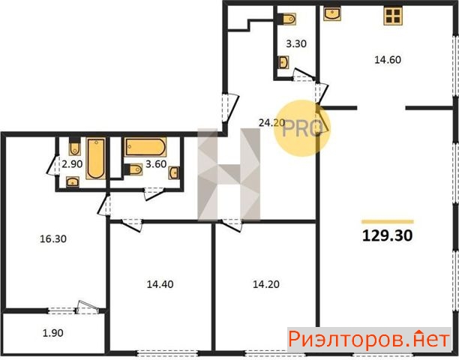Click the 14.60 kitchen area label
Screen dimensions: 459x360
[x=388, y=60]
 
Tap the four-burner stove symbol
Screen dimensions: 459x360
[x=393, y=16]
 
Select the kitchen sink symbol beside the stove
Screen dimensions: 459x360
[x=332, y=13]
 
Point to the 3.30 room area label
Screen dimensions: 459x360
[x=296, y=44]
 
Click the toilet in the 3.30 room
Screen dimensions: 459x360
[x=286, y=19]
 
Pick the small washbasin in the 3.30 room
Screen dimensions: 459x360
[x=283, y=62]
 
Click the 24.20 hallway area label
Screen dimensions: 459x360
[x=271, y=123]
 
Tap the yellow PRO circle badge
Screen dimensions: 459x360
[x=302, y=128]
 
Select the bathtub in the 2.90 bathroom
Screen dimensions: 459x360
[x=96, y=158]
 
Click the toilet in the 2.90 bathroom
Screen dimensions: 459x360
[x=75, y=146]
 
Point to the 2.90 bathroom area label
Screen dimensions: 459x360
[x=72, y=164]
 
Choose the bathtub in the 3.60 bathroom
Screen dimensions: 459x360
[x=145, y=147]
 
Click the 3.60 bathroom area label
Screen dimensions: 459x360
[x=156, y=164]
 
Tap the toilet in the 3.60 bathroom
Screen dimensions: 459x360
[x=133, y=169]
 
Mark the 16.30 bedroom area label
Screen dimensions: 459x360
[x=53, y=238]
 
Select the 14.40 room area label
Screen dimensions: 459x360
[x=160, y=284]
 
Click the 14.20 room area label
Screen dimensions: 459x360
[x=265, y=284]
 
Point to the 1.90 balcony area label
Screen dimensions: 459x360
[x=53, y=333]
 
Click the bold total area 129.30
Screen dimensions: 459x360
[x=387, y=235]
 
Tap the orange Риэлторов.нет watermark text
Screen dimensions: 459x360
[x=369, y=340]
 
